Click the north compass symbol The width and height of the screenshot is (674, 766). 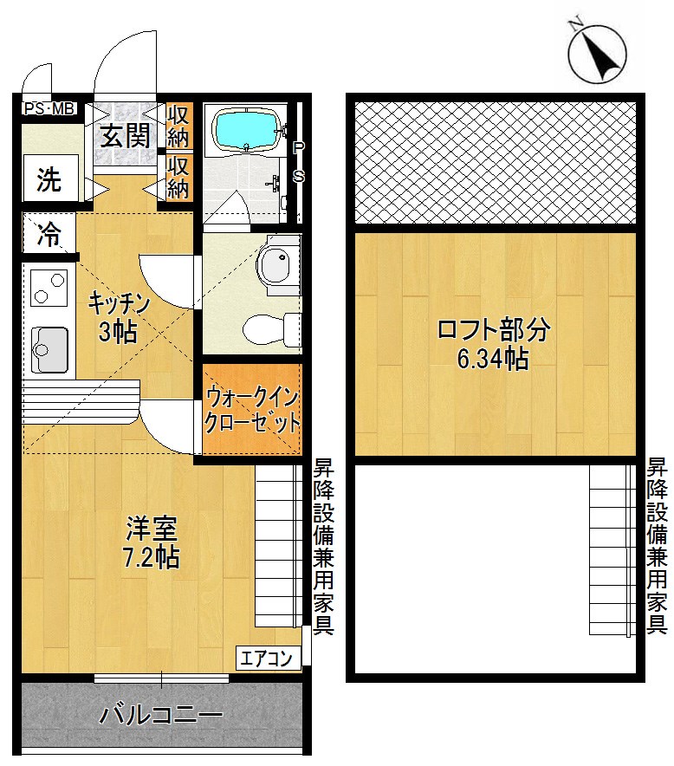click(597, 55)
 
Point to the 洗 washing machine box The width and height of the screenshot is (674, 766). click(49, 181)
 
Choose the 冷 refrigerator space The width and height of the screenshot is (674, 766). click(49, 235)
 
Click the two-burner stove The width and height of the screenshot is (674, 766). click(49, 288)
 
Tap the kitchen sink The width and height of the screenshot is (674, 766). click(49, 347)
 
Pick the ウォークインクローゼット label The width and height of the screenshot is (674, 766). click(252, 411)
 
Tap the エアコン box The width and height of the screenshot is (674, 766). click(269, 658)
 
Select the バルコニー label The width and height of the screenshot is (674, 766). click(161, 716)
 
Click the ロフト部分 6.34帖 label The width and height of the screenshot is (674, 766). click(493, 344)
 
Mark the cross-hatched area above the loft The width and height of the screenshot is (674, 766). click(496, 161)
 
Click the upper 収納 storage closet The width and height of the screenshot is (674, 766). click(178, 127)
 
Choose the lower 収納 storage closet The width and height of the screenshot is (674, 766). click(178, 177)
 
